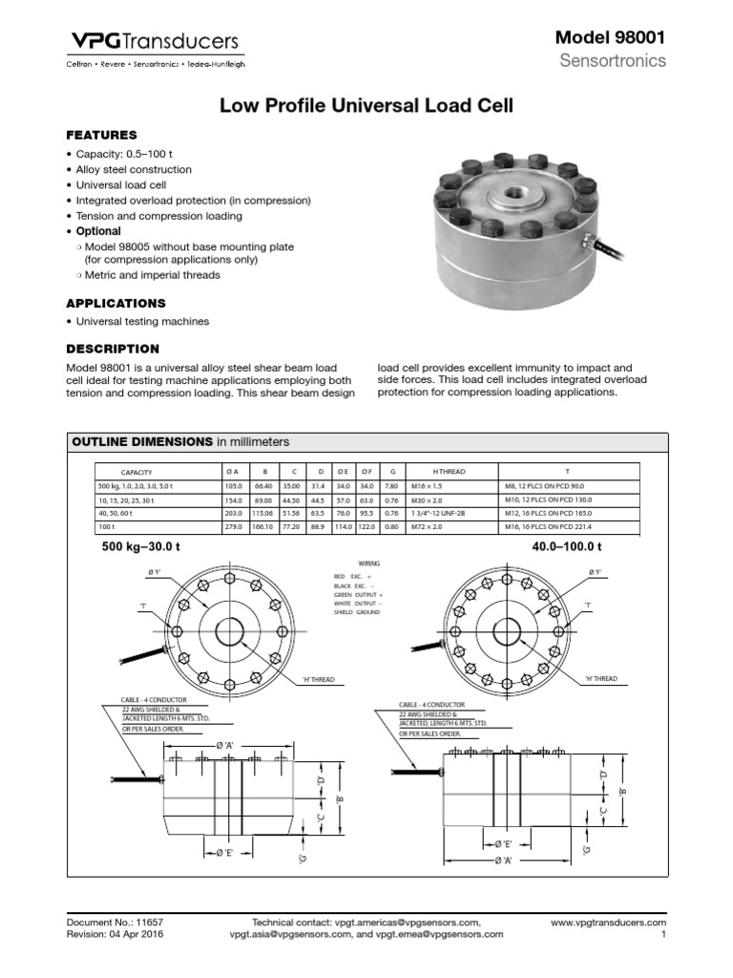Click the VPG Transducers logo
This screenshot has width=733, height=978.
point(152,41)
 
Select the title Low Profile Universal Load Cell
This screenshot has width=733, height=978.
point(366,106)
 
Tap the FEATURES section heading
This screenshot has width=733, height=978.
point(101,135)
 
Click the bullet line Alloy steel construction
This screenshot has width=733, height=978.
point(134,169)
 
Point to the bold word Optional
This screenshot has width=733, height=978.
point(98,231)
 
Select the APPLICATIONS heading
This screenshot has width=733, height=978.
point(115,303)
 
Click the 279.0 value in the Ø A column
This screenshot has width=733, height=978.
point(230,526)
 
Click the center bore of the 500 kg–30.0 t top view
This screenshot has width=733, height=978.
point(229,632)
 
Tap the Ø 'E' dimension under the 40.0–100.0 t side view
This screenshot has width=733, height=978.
point(504,844)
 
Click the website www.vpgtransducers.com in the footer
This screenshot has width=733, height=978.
point(608,924)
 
